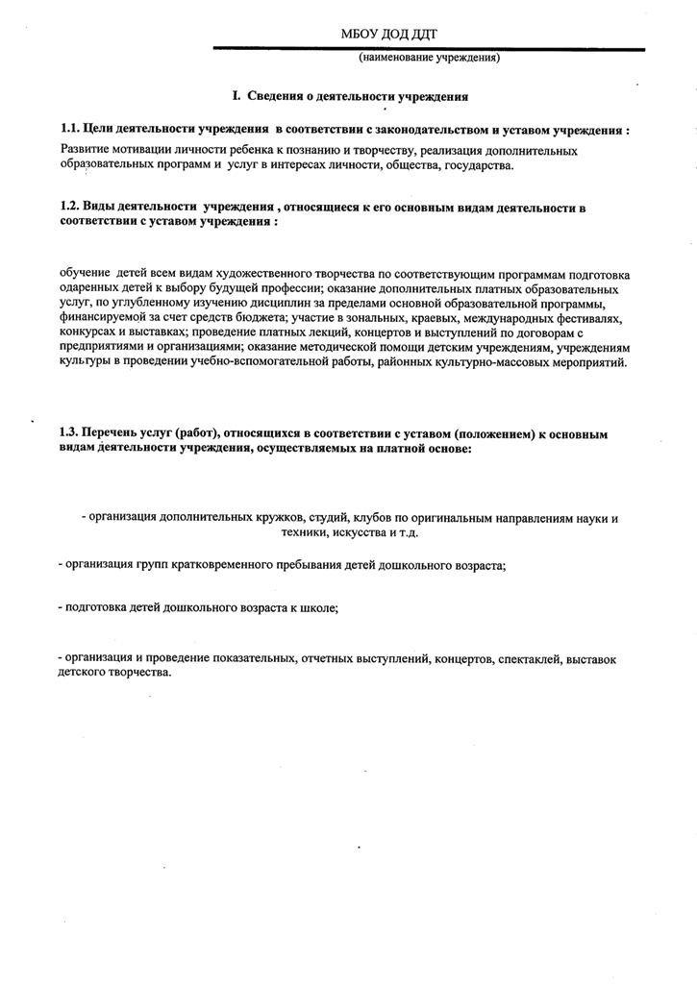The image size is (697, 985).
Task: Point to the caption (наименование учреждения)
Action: coord(430,58)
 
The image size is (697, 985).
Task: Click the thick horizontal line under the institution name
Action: coord(428,48)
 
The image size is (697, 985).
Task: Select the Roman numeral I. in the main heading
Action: coord(236,96)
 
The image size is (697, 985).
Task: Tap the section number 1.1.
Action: coord(69,129)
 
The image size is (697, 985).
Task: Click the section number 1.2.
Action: coord(69,207)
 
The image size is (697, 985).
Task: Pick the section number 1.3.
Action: coord(69,434)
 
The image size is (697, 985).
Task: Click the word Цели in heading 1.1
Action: coord(99,129)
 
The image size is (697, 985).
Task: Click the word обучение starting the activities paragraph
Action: coord(85,273)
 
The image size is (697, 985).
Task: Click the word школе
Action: coord(319,608)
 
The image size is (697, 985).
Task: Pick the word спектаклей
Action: coord(531,658)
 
